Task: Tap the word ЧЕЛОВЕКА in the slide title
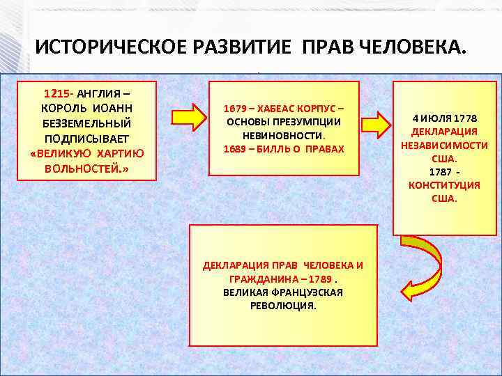(411, 48)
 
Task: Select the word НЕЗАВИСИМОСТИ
(444, 146)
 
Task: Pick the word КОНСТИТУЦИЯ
(444, 185)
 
